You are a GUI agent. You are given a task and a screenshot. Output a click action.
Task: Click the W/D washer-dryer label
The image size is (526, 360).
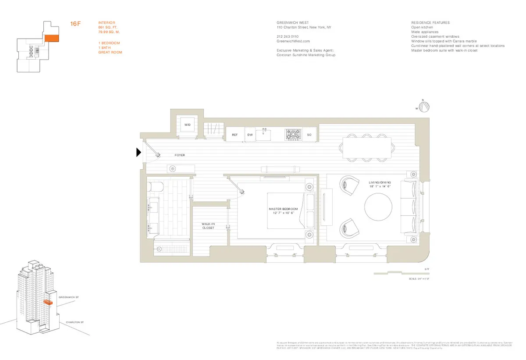click(187, 125)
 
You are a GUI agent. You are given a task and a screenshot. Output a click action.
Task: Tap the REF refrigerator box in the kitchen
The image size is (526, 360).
click(235, 135)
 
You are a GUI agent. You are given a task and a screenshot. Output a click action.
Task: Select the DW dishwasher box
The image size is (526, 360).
click(250, 135)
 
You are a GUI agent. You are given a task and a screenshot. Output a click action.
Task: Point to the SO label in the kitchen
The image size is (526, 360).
click(309, 135)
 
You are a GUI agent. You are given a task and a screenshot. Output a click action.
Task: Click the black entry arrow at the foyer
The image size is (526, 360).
click(139, 152)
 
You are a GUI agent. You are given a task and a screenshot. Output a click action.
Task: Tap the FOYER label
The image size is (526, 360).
click(179, 155)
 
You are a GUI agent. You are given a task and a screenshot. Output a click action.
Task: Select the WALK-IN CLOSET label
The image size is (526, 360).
click(208, 226)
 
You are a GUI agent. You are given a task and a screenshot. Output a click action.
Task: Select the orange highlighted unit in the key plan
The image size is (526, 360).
click(51, 38)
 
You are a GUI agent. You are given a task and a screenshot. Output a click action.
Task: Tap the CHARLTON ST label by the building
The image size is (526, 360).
click(75, 322)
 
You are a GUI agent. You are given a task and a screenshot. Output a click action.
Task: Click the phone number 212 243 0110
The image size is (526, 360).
click(288, 36)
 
